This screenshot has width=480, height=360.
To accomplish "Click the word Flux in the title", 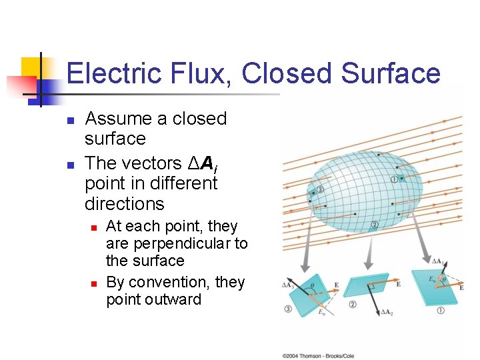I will pyautogui.click(x=193, y=73).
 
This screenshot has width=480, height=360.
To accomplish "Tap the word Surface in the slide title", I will pyautogui.click(x=390, y=73).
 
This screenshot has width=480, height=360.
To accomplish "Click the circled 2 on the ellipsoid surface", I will pyautogui.click(x=375, y=224).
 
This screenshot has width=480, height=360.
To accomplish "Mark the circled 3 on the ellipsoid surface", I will pyautogui.click(x=320, y=190).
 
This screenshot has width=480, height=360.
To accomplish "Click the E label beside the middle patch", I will pyautogui.click(x=398, y=284).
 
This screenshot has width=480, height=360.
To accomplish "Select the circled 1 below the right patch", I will pyautogui.click(x=440, y=310).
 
